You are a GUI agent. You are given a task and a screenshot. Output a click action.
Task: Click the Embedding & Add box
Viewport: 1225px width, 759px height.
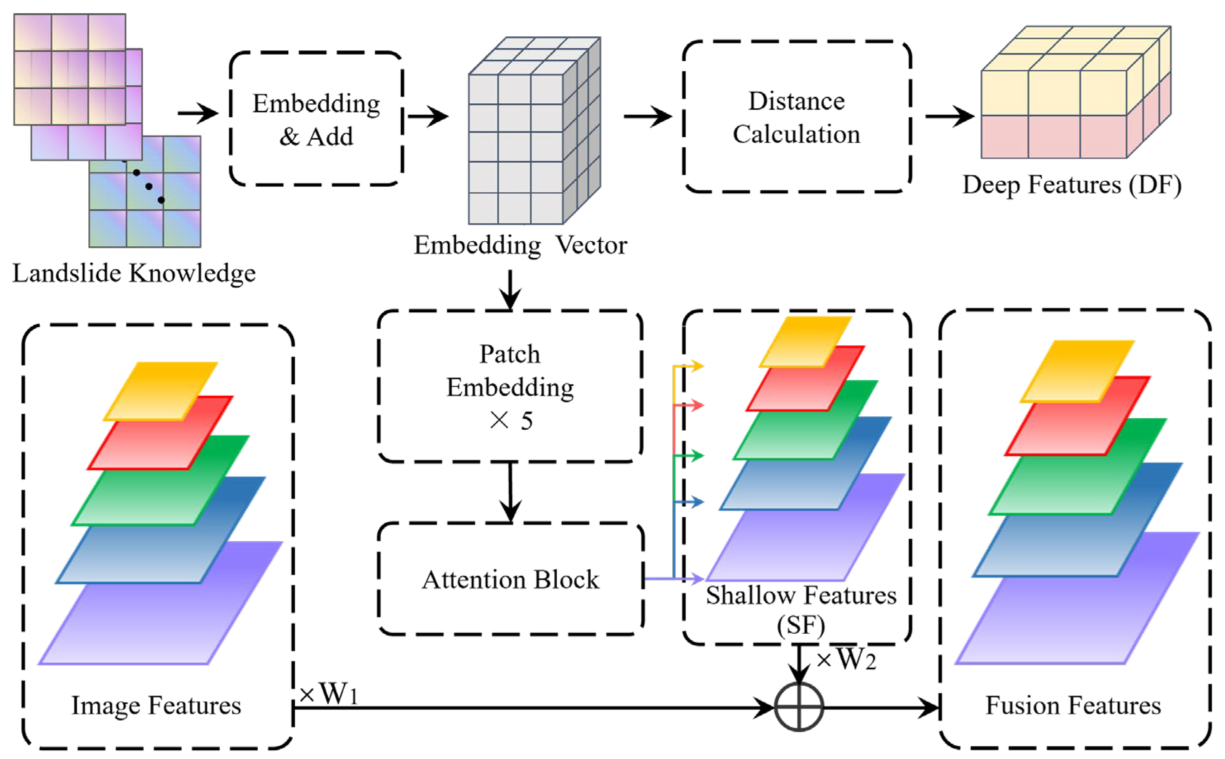click(x=316, y=119)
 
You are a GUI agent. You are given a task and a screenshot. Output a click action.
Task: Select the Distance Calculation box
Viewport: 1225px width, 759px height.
click(x=797, y=117)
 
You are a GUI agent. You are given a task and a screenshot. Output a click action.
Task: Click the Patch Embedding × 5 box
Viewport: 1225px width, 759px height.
click(x=510, y=387)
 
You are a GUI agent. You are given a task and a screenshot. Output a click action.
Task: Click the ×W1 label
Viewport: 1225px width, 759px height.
click(x=329, y=694)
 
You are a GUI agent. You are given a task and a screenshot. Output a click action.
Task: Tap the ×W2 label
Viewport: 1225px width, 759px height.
click(x=846, y=659)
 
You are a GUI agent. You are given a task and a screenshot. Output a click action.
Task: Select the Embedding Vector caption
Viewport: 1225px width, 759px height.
click(x=520, y=245)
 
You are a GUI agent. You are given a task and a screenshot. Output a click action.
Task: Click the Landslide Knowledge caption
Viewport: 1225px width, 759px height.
click(x=134, y=274)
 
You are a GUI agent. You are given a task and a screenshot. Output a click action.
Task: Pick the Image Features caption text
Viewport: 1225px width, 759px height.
click(x=156, y=705)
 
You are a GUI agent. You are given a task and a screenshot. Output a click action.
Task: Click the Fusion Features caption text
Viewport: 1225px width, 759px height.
click(x=1073, y=705)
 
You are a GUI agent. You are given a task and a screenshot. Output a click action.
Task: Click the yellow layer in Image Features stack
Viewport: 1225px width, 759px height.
click(x=161, y=390)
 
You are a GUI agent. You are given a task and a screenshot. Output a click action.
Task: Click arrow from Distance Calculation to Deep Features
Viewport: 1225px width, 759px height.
click(x=949, y=117)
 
